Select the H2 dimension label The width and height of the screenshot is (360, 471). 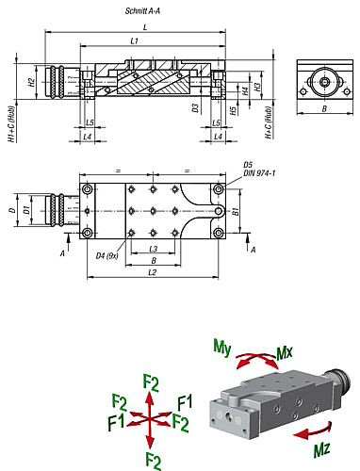pos(32,82)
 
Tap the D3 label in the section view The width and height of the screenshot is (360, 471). pos(195,108)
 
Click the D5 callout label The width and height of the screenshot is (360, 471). pos(248,164)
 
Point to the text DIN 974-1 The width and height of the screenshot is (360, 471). pos(258,173)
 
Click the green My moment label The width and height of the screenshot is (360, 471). pos(222,348)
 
